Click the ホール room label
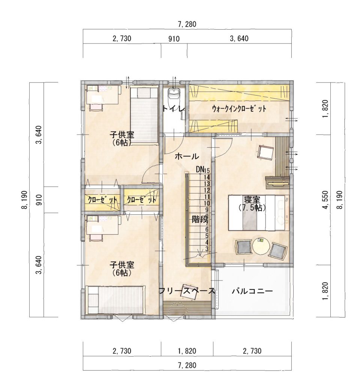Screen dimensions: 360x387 (x=186, y=156)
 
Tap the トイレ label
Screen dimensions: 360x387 (x=174, y=109)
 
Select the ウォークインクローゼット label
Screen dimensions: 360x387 (x=239, y=109)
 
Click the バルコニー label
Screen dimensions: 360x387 (x=252, y=291)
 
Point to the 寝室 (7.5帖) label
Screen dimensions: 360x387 (x=252, y=203)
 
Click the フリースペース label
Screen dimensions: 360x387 (x=187, y=291)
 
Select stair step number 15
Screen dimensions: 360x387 (x=207, y=170)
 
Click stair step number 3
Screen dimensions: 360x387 (x=207, y=249)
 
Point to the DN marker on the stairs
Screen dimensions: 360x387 (x=200, y=169)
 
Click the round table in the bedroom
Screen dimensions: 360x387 (x=261, y=246)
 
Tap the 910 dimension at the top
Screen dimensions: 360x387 (x=174, y=39)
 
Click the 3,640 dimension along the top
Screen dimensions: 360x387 (x=239, y=39)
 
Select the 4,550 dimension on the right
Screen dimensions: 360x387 (x=326, y=200)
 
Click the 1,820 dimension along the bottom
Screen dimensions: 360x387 (x=187, y=351)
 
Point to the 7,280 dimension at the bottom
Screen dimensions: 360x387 (x=187, y=365)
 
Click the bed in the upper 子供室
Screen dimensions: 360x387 (x=144, y=115)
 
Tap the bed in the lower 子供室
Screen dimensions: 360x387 (x=115, y=300)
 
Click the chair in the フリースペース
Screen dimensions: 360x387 (x=190, y=292)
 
